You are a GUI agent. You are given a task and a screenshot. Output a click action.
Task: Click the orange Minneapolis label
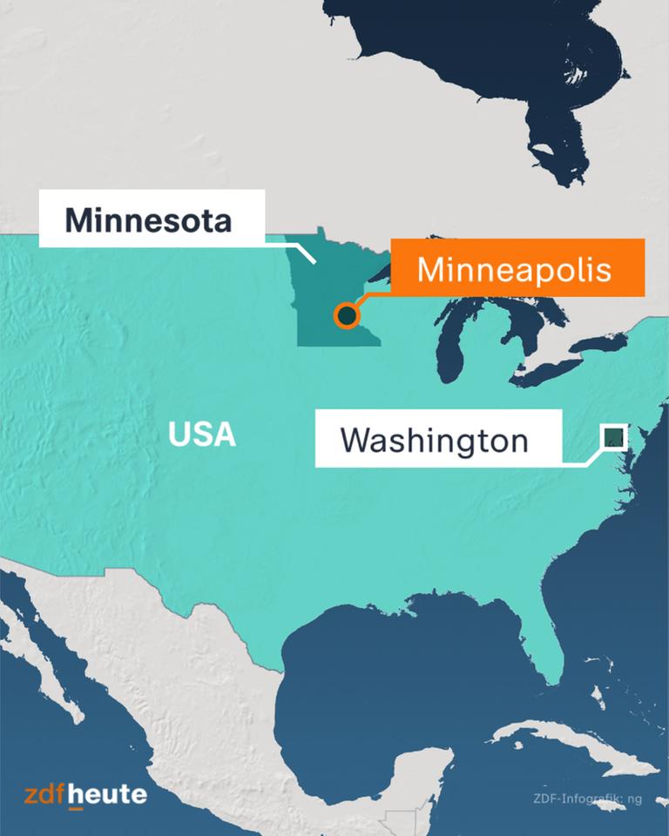pos(517,270)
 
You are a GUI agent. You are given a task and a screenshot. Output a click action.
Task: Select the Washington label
pos(435,440)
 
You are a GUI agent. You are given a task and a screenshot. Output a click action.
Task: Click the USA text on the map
pos(202,434)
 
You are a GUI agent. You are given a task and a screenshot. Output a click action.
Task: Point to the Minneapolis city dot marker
pos(347,315)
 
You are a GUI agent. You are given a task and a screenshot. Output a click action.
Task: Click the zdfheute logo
pos(85,794)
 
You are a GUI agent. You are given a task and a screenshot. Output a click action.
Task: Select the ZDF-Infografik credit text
pos(588,798)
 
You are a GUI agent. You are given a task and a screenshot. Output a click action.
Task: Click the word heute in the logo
pos(108,794)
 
